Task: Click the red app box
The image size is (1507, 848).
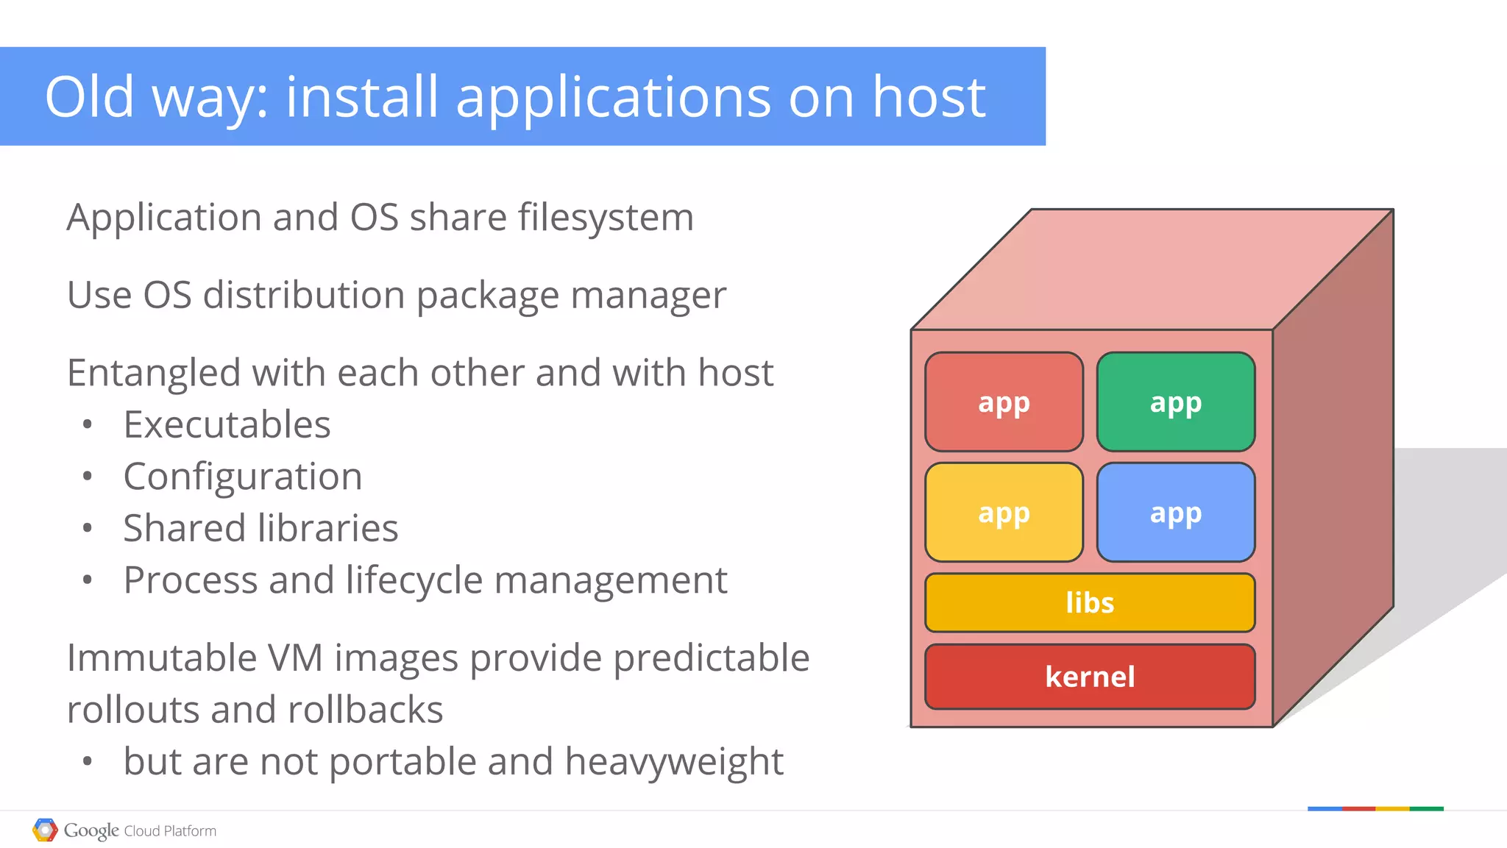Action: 1004,402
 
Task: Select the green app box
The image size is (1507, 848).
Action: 1175,402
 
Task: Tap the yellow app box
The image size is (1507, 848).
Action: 1004,512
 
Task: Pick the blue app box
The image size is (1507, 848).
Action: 1175,512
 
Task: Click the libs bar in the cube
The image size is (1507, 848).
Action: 1090,602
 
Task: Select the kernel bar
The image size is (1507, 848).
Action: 1090,677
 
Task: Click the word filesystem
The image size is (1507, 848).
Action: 606,218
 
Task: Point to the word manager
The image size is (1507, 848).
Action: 648,296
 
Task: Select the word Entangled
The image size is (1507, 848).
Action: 153,373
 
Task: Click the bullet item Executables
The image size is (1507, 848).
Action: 227,424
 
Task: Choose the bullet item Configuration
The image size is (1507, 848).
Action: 243,477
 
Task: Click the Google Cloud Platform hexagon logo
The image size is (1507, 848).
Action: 45,830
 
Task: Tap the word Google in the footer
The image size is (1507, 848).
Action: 91,830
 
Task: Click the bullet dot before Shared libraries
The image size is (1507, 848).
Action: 88,528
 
